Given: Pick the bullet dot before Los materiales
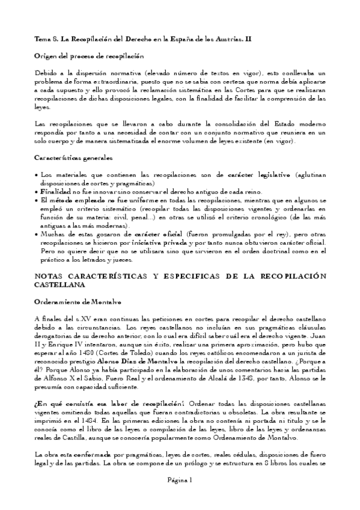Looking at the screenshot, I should (x=37, y=174).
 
